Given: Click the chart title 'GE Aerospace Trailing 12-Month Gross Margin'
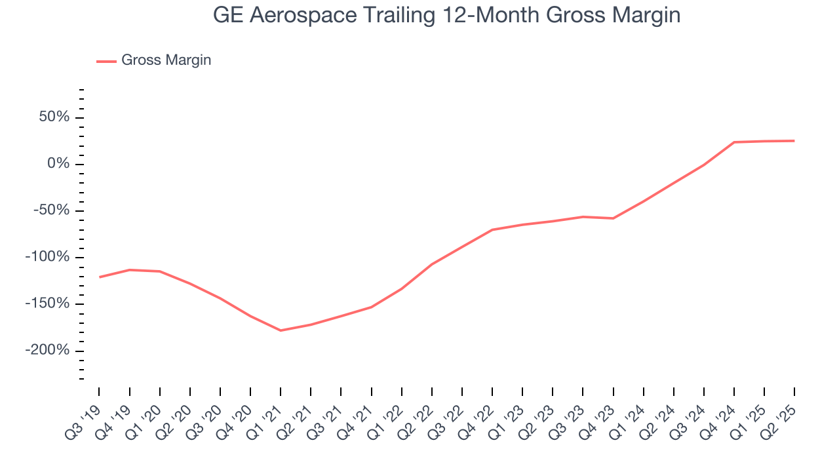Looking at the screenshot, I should coord(447,15).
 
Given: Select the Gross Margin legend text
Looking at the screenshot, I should coord(166,60).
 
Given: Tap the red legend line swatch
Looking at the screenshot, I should coord(106,61).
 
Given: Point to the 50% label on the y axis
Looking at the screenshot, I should coord(54,117).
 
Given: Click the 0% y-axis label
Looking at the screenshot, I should coord(58,164).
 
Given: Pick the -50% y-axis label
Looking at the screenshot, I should coord(51,210).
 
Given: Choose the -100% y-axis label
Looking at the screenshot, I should coord(47,257).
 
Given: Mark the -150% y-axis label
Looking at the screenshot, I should coord(47,304).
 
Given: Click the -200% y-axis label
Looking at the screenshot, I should coord(47,350).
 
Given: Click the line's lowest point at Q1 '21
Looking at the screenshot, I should coord(281,330).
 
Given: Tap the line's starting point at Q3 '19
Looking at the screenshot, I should coord(100,277).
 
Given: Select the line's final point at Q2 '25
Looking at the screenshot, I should coord(794,141).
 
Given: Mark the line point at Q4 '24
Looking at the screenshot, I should coord(734,142).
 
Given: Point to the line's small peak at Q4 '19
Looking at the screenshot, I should coord(130,269).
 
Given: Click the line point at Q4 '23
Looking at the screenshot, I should coord(613,218).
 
